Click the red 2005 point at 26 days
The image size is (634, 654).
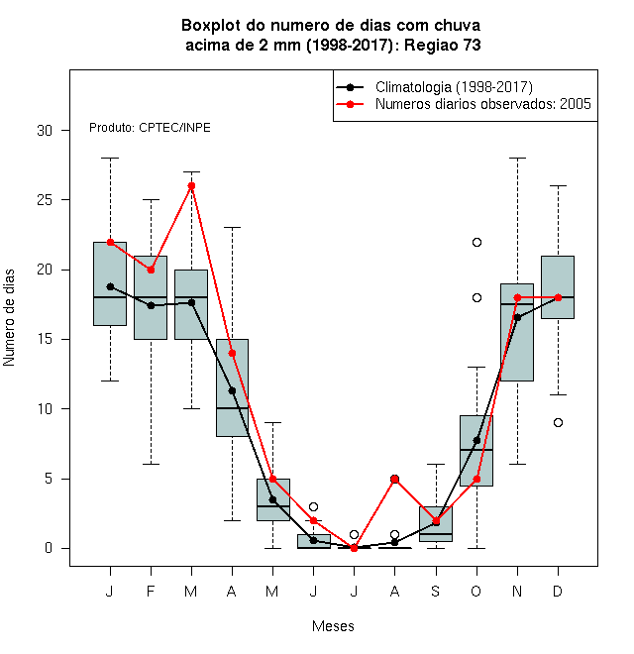click(191, 186)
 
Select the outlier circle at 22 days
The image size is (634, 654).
click(476, 243)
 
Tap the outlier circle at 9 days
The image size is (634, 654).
click(558, 423)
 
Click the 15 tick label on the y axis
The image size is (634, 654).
click(45, 339)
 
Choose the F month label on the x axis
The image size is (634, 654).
click(151, 591)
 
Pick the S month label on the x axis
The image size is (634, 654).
click(436, 591)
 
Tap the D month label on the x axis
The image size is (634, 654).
click(558, 591)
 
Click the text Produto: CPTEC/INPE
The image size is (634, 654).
click(150, 128)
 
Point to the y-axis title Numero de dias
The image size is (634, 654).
click(9, 318)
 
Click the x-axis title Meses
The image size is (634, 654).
click(333, 626)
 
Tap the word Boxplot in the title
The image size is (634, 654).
click(211, 26)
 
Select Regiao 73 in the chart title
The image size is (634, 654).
click(443, 45)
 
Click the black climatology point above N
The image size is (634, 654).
click(518, 317)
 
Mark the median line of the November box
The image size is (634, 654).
click(517, 304)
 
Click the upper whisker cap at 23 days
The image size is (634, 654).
click(232, 228)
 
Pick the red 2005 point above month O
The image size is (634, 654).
click(476, 480)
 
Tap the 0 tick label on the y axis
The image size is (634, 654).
click(49, 548)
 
